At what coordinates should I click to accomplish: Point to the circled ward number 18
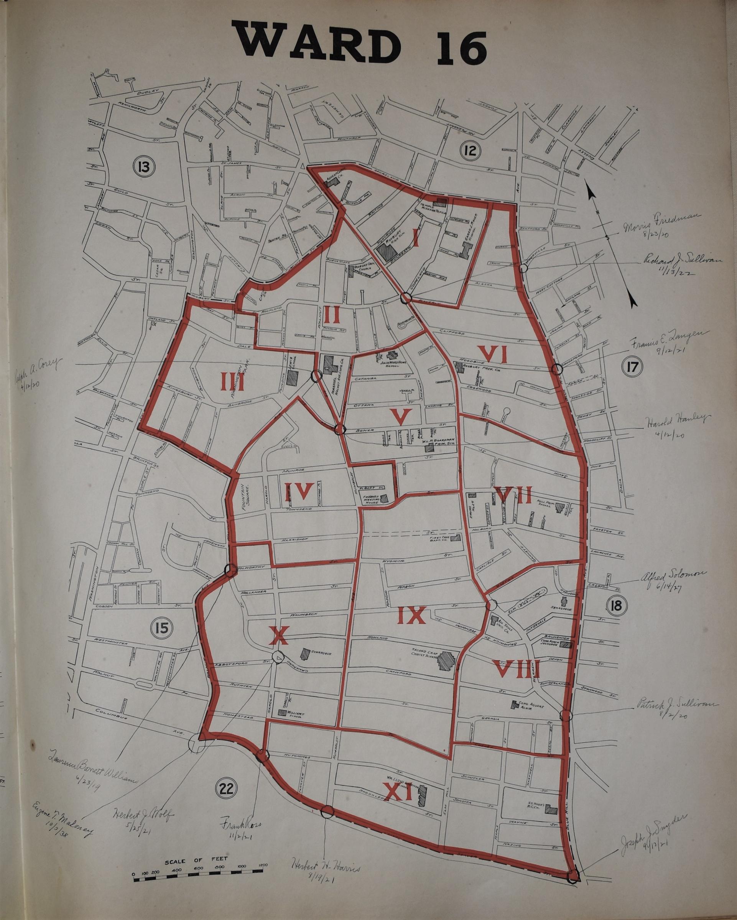click(x=616, y=606)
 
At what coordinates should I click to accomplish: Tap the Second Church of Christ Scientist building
click(x=446, y=675)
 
